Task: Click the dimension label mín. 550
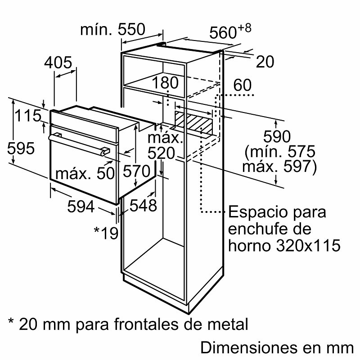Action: point(112,30)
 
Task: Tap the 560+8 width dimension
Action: point(229,32)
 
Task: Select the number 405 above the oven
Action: point(58,63)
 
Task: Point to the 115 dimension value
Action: point(27,116)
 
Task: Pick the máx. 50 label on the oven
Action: point(85,173)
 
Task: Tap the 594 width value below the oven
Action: point(81,207)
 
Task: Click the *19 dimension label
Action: point(106,232)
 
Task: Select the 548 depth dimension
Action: point(143,206)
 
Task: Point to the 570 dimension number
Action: point(136,171)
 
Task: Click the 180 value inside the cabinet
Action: point(165,83)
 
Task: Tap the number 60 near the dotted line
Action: point(243,85)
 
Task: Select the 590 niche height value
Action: point(278,136)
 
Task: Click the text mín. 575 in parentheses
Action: point(284,151)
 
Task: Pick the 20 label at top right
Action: point(265,62)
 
